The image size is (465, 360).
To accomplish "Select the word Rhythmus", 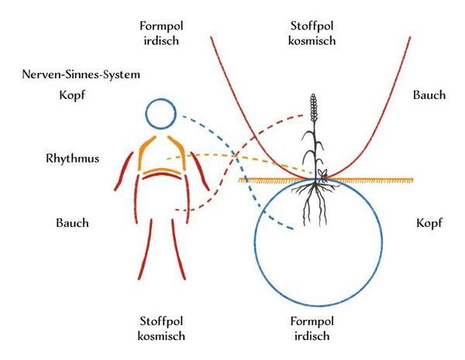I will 71,159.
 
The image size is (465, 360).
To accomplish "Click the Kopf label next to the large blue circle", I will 429,223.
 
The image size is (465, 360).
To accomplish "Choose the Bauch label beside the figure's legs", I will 72,223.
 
